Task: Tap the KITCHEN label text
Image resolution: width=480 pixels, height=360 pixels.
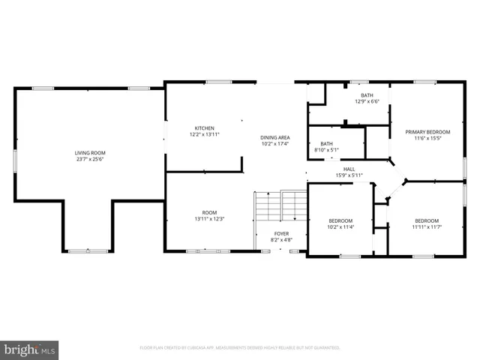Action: click(x=205, y=127)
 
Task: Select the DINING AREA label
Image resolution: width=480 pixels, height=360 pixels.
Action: click(x=274, y=137)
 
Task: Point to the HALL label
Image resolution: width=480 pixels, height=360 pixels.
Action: click(x=349, y=169)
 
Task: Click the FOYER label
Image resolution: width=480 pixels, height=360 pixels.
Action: click(x=281, y=234)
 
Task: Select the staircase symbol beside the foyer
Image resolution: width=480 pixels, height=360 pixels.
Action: click(x=281, y=205)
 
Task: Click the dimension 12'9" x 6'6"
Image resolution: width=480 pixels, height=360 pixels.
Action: click(x=367, y=102)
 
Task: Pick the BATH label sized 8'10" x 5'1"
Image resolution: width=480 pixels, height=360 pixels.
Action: click(x=327, y=143)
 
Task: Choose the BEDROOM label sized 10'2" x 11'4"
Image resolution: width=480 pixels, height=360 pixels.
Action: click(x=340, y=220)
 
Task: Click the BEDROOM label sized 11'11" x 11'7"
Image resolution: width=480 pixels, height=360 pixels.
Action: click(x=426, y=220)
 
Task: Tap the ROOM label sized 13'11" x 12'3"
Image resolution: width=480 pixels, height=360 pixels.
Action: click(x=209, y=212)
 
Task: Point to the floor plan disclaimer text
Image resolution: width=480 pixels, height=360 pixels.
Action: click(x=240, y=348)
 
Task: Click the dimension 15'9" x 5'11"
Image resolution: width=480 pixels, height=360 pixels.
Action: click(x=349, y=175)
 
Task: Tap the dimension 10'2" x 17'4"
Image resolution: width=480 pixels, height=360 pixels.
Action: click(x=274, y=144)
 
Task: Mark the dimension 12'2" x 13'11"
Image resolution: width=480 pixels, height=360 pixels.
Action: click(x=205, y=134)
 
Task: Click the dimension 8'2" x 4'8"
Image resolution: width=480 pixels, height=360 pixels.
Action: click(x=281, y=241)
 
